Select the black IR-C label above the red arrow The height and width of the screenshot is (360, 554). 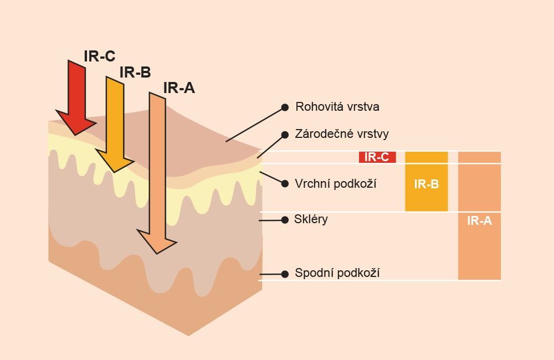click(x=100, y=56)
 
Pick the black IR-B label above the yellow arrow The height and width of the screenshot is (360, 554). click(x=135, y=73)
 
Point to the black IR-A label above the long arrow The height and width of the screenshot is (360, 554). click(x=179, y=88)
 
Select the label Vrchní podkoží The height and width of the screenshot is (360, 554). click(x=336, y=183)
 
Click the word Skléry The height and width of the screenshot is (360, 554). click(x=311, y=219)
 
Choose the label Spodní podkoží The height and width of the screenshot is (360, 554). click(x=337, y=272)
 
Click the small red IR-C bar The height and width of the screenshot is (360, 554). click(x=377, y=157)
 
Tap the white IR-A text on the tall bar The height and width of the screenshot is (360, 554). click(x=479, y=221)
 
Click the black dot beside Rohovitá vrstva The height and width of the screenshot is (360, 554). click(x=285, y=107)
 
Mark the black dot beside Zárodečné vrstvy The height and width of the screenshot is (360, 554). click(x=285, y=135)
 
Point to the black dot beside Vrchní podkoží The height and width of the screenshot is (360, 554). click(x=285, y=183)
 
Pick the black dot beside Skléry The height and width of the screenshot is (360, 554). click(x=285, y=220)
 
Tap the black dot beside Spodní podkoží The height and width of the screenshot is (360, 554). click(x=285, y=274)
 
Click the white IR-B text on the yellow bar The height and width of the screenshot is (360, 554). click(x=426, y=184)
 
